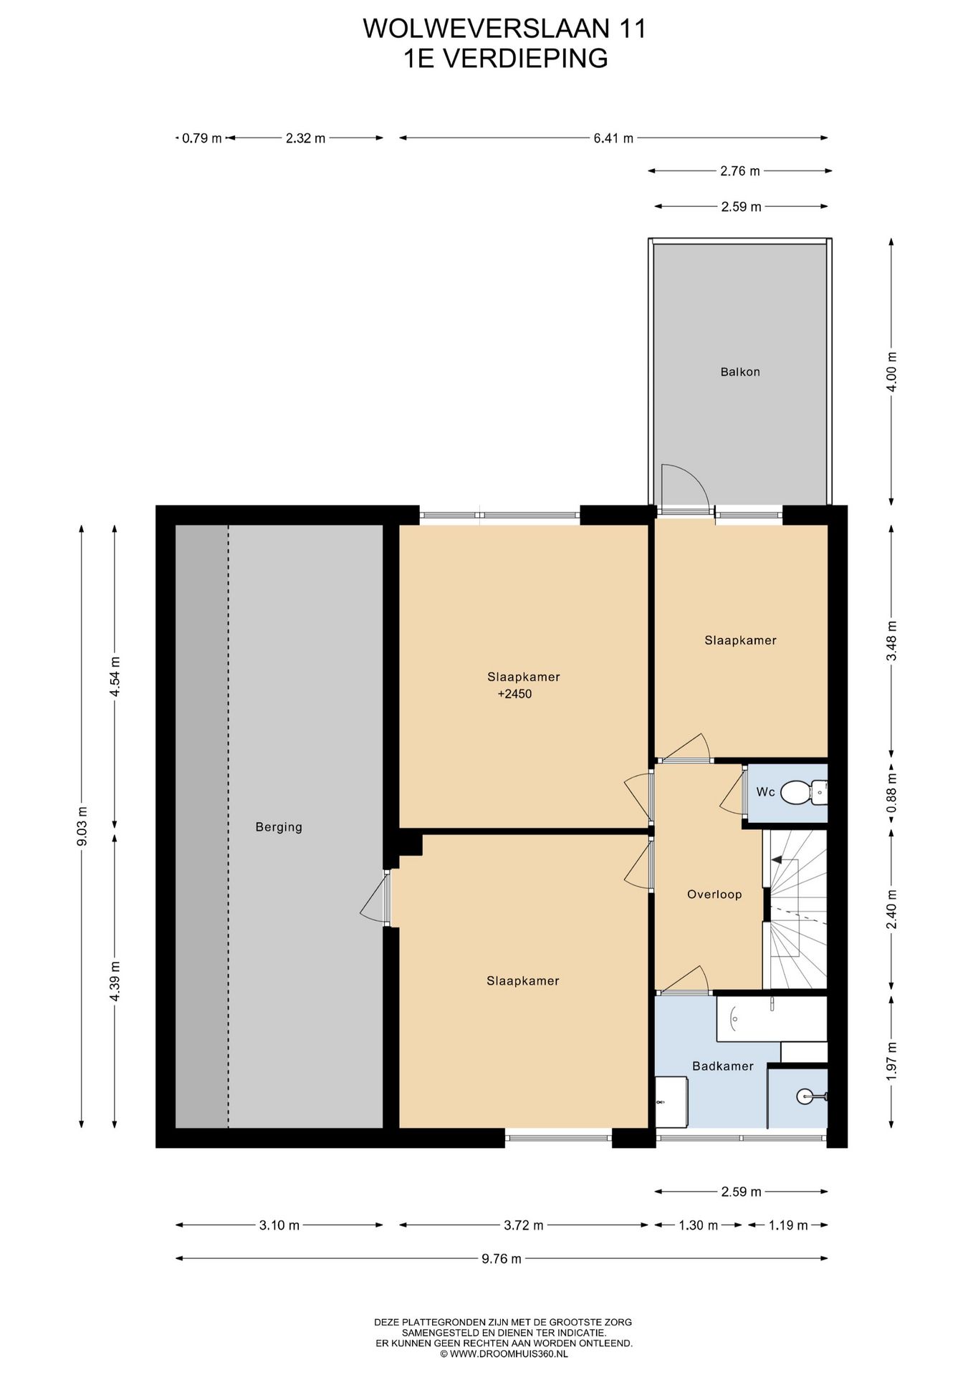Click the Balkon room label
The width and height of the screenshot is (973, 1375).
click(x=740, y=372)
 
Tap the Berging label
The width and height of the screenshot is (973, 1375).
click(x=279, y=827)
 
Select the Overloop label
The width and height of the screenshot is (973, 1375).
click(x=714, y=894)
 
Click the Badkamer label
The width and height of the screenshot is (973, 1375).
click(x=722, y=1066)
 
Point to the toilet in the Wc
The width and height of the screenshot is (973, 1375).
click(x=796, y=792)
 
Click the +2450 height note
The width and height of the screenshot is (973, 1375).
click(x=514, y=694)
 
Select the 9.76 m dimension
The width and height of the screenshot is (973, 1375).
click(x=502, y=1258)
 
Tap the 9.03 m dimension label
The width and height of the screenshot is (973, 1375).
click(x=82, y=826)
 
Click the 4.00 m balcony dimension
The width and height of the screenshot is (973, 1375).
click(x=891, y=372)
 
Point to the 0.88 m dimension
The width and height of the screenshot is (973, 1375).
click(x=891, y=793)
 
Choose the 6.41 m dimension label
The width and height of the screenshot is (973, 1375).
click(x=613, y=138)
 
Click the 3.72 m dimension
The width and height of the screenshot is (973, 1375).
click(x=524, y=1225)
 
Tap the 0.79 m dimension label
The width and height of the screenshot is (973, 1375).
click(x=201, y=138)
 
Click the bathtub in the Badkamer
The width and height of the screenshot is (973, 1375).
click(x=771, y=1018)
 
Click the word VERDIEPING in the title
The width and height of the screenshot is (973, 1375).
click(x=525, y=58)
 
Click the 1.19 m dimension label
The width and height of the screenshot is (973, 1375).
click(x=788, y=1225)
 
